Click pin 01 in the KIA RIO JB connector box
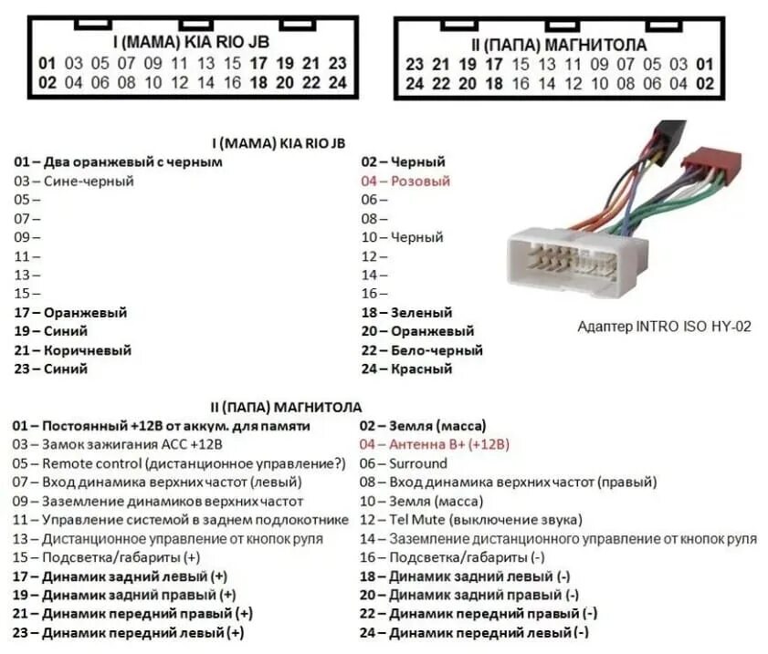[x=47, y=64]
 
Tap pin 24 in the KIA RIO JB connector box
[x=339, y=82]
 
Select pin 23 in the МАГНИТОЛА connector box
[x=415, y=65]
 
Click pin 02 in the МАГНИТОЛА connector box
[x=704, y=83]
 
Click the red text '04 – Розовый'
[x=405, y=181]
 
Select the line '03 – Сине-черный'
[x=74, y=181]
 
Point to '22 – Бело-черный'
[x=422, y=350]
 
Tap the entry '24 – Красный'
[x=406, y=369]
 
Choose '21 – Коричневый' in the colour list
[x=73, y=350]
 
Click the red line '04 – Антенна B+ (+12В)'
[x=435, y=444]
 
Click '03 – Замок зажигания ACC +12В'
[x=118, y=444]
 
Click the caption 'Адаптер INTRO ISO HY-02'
[x=664, y=326]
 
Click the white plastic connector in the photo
[x=576, y=260]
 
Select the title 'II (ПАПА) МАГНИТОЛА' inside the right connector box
[x=559, y=45]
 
